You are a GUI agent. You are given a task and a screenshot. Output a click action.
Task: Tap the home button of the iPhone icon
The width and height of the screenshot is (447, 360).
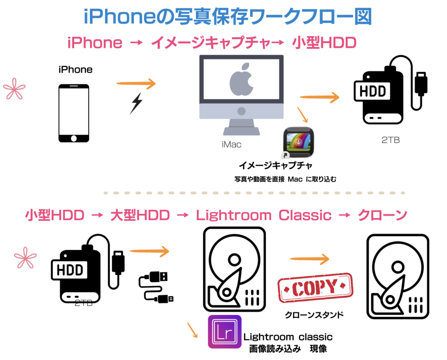click(74, 138)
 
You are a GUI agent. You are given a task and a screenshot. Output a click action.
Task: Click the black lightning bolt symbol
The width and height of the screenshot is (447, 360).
click(136, 103)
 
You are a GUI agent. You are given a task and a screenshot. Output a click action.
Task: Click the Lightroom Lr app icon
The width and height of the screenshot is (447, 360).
click(224, 332)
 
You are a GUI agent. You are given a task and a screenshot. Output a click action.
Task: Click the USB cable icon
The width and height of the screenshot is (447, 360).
click(156, 286)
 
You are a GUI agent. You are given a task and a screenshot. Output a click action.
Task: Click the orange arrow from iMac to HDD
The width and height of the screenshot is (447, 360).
click(320, 97)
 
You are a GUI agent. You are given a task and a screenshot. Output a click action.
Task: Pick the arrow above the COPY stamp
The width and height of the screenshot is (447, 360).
click(309, 259)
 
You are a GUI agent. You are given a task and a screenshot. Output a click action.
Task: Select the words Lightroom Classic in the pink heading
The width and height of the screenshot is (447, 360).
click(264, 215)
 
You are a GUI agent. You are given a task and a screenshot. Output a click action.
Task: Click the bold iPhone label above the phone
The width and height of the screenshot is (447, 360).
click(76, 69)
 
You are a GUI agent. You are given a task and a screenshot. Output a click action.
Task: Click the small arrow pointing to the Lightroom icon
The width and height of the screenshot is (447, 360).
click(193, 330)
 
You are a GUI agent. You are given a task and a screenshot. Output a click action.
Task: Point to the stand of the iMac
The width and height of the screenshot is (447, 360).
click(241, 127)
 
